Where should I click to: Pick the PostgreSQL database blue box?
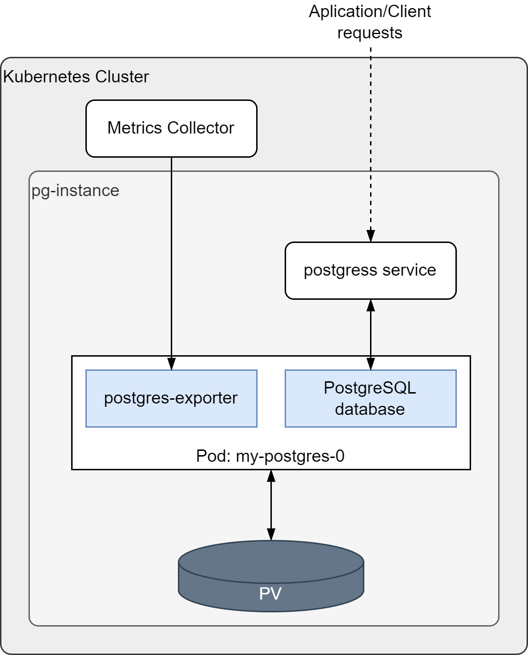(371, 398)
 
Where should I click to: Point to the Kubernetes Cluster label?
(76, 77)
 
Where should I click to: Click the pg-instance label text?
(75, 190)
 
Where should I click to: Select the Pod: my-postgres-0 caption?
(270, 456)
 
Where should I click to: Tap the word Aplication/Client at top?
(370, 11)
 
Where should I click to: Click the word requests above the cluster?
(370, 33)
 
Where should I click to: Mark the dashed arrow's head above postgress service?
(371, 236)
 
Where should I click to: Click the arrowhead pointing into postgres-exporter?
(171, 364)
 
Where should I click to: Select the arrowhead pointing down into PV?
(271, 534)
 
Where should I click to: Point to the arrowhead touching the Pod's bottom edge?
(271, 476)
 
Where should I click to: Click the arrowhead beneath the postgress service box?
(371, 305)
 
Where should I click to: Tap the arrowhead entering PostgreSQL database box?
(371, 364)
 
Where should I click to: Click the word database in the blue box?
(370, 409)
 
